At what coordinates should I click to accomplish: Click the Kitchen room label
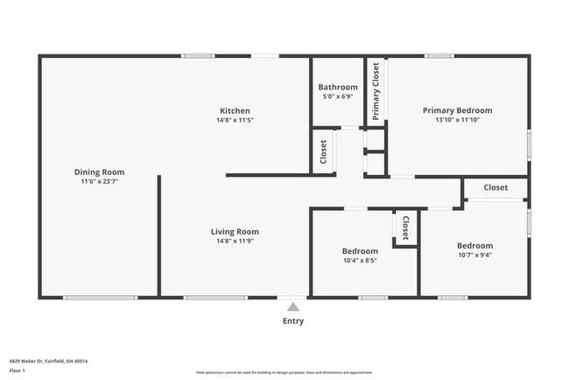(235, 110)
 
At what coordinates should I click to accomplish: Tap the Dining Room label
(99, 172)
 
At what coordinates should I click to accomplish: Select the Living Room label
(235, 232)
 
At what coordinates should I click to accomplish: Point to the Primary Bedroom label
(457, 110)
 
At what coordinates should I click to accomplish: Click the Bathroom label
(337, 88)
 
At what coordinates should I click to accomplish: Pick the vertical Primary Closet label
(376, 91)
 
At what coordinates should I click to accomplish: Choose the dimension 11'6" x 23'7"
(99, 181)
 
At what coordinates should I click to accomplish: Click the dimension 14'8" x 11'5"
(235, 120)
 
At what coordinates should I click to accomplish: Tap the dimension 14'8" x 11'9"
(235, 242)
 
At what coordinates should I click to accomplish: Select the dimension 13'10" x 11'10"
(457, 120)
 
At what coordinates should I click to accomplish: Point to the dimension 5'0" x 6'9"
(337, 96)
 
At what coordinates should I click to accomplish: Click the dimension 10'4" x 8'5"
(359, 260)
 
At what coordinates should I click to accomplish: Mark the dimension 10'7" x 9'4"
(474, 256)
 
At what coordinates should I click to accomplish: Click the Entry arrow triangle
(293, 306)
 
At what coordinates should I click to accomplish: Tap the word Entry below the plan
(293, 321)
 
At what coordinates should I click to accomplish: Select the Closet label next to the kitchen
(323, 151)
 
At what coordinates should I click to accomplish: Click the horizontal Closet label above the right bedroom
(495, 187)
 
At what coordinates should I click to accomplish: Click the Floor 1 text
(17, 370)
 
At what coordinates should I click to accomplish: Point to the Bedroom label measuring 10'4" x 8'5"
(359, 251)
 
